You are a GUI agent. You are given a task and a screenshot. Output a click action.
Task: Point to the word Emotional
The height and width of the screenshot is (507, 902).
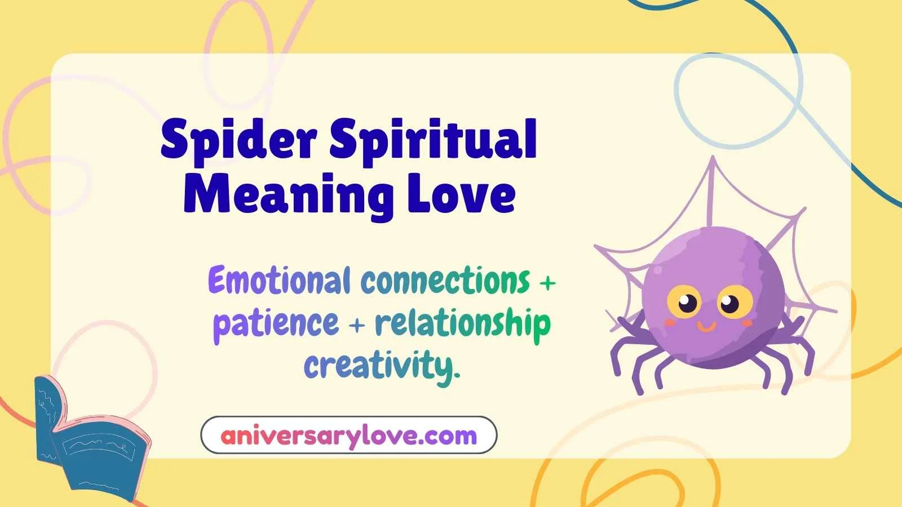coord(279,281)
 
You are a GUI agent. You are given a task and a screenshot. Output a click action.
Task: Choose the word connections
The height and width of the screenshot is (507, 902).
coord(445,281)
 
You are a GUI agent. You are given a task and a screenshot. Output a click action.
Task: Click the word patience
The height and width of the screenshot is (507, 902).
coord(276,323)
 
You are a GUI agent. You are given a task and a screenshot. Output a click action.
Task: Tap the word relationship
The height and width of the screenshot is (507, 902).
coord(463,323)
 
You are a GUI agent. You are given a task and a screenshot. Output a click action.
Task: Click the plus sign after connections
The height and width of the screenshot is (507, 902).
coord(547,282)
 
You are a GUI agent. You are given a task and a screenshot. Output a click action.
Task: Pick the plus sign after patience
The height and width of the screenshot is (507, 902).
coord(357,325)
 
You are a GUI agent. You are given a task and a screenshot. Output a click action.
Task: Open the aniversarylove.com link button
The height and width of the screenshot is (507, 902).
coord(349,435)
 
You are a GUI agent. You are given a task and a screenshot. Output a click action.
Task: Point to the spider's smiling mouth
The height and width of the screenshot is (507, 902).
coord(706,326)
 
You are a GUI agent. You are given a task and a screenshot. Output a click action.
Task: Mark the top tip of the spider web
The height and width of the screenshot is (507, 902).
coord(713,159)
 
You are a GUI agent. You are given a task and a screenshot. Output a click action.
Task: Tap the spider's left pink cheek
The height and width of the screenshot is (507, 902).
coord(670,323)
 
